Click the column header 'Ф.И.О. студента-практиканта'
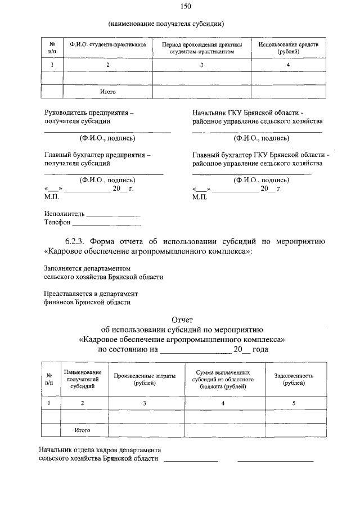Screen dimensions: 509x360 click(x=108, y=44)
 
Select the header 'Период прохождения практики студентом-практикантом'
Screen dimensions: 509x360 click(x=201, y=47)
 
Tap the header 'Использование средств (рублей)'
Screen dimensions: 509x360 click(x=288, y=47)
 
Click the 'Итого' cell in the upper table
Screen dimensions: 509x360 click(x=108, y=91)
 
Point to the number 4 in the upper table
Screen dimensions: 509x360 click(x=288, y=65)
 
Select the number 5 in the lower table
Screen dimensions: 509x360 click(x=294, y=403)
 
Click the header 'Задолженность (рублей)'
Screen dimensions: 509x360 click(x=294, y=379)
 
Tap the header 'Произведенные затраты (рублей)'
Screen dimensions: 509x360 click(x=145, y=379)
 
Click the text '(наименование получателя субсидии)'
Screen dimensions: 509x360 click(x=166, y=24)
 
